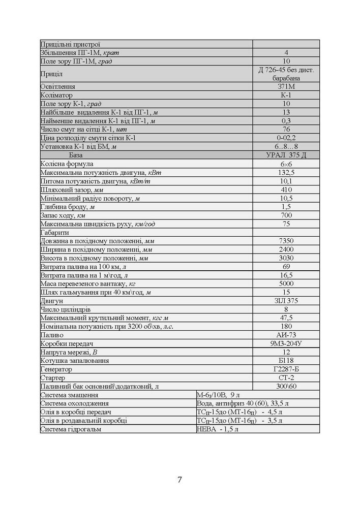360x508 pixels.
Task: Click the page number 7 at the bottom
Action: point(179,480)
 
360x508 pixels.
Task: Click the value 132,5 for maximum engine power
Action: point(286,173)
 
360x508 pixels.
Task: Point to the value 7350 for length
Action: point(286,241)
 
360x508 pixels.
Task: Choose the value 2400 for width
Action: point(286,249)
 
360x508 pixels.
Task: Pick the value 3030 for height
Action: point(286,258)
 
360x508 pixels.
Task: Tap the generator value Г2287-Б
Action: point(286,369)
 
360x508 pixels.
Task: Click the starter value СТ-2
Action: point(286,378)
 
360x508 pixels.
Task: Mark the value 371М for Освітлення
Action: point(286,86)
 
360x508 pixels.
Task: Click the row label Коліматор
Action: point(56,95)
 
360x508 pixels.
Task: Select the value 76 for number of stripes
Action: point(286,129)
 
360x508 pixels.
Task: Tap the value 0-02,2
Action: point(286,138)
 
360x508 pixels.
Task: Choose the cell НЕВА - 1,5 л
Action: point(218,429)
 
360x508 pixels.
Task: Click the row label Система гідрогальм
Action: point(71,429)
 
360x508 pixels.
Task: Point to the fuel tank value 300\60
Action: point(286,387)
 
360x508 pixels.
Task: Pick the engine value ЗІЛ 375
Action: point(286,301)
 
